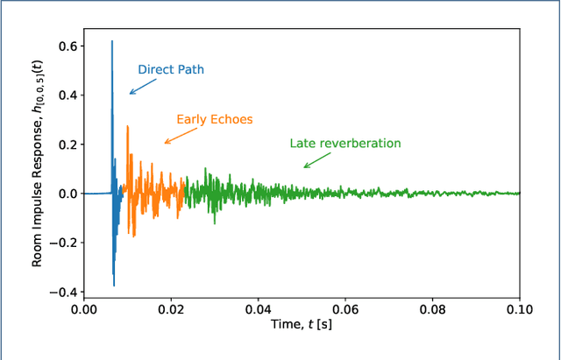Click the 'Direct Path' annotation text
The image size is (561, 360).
[x=172, y=69]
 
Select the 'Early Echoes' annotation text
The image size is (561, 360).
[x=215, y=119]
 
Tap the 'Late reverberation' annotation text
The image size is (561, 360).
[x=345, y=144]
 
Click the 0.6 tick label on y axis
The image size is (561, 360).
[x=65, y=46]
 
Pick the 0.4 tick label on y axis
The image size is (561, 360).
[x=65, y=95]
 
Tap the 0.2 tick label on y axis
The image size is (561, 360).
[x=65, y=145]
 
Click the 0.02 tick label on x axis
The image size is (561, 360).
[x=171, y=309]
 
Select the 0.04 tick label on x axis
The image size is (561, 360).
[x=258, y=309]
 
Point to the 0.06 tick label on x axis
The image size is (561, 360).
[x=345, y=309]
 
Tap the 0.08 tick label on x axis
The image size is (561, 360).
[x=432, y=309]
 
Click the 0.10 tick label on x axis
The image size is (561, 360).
[x=519, y=309]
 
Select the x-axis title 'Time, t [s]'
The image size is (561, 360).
[x=302, y=326]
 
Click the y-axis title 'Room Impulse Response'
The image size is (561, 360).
[x=38, y=166]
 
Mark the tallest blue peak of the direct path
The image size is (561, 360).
[x=111, y=42]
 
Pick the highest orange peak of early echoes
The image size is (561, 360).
[x=128, y=127]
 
